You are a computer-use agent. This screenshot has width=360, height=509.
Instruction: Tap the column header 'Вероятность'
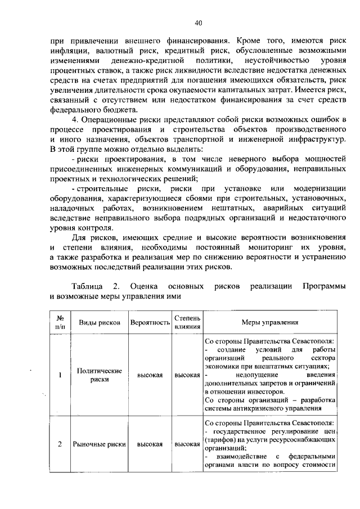click(x=150, y=323)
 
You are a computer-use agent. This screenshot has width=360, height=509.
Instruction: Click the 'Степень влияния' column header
click(x=187, y=322)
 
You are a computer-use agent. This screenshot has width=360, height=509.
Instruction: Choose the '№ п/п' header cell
click(x=60, y=322)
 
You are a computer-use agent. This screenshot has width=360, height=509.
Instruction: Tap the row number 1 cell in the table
click(x=60, y=376)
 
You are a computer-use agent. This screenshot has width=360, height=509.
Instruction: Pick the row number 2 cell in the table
click(x=60, y=444)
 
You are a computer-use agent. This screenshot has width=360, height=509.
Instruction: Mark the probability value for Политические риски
click(x=150, y=376)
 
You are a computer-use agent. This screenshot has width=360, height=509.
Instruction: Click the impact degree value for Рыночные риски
click(x=187, y=444)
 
